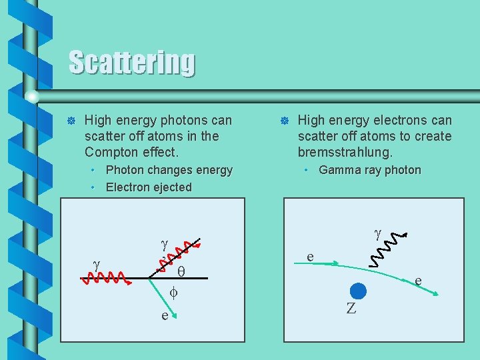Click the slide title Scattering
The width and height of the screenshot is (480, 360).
pos(132,63)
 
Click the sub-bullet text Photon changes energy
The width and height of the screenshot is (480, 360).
pos(169,170)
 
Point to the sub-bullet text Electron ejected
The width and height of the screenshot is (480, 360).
pos(149,187)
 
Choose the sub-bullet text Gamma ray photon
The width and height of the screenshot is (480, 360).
pos(370,170)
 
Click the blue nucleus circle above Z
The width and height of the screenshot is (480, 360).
pos(358,291)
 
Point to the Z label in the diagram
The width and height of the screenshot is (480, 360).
pos(351,308)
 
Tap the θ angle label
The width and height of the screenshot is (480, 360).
pos(181,271)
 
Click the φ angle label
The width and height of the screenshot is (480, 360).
pos(173,292)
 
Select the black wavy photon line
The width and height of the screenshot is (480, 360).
pos(387,248)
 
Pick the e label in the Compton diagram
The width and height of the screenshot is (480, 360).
pos(165,315)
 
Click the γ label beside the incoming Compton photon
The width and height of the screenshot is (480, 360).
pos(97,265)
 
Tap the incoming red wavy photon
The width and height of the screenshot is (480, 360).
pos(105,277)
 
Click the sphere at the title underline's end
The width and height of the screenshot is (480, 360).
pos(32,96)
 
